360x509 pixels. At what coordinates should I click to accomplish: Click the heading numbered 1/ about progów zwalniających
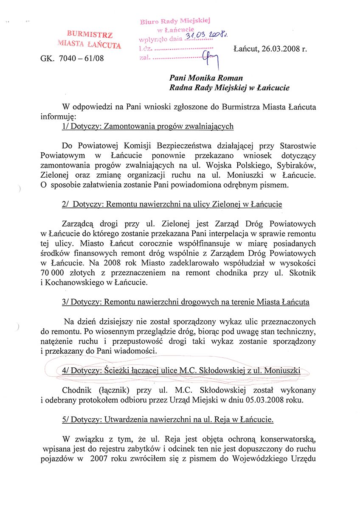pyautogui.click(x=148, y=126)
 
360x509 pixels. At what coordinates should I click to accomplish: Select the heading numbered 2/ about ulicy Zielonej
pyautogui.click(x=172, y=204)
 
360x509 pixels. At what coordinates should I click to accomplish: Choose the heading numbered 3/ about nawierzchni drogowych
pyautogui.click(x=186, y=302)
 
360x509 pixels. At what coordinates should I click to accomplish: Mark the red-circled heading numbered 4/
pyautogui.click(x=181, y=370)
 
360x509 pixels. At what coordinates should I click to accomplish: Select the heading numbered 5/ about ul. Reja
pyautogui.click(x=167, y=419)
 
